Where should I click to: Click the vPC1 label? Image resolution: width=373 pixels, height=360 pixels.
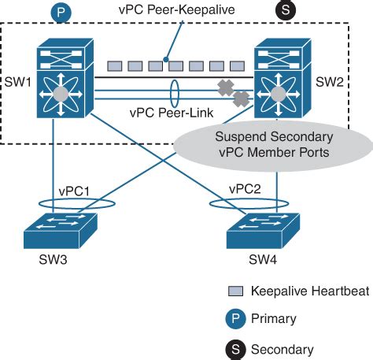point(76,191)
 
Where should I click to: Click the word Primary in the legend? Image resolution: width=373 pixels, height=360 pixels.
point(274,319)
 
